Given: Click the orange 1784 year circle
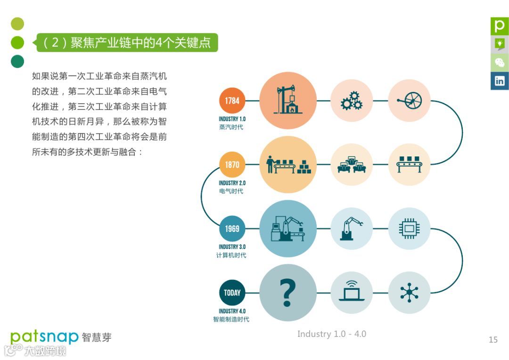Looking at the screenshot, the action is click(232, 101).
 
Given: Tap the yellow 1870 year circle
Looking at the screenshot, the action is click(232, 165).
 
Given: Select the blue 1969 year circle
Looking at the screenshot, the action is click(232, 229).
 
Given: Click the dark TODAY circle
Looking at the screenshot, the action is click(232, 293).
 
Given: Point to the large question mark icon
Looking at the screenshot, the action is click(287, 293).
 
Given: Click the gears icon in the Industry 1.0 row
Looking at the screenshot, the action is click(352, 101).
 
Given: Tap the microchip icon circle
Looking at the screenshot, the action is click(409, 229).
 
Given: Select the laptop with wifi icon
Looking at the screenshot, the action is click(352, 293).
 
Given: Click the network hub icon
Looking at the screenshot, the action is click(409, 293).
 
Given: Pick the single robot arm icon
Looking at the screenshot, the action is click(352, 229).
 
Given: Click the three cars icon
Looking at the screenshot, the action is click(352, 165).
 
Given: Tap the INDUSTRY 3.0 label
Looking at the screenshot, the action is click(232, 247).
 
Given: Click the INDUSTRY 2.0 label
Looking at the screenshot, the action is click(232, 183).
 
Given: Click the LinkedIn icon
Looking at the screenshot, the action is click(500, 81).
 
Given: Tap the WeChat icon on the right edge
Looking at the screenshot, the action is click(500, 62).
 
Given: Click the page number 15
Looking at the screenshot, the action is click(493, 340).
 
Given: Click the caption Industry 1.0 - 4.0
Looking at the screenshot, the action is click(331, 334).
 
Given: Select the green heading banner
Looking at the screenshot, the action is click(127, 43).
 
